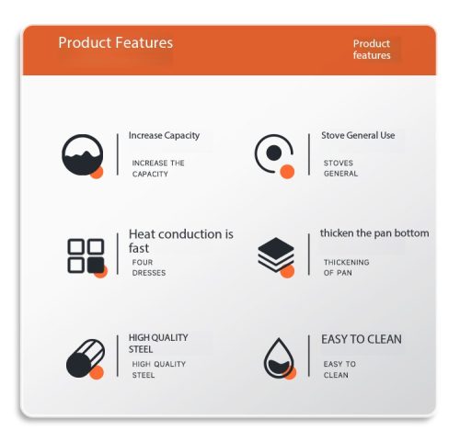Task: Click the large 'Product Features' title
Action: point(116,42)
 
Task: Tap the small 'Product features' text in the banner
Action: point(372,50)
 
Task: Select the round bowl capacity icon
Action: point(82,155)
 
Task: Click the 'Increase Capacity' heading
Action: point(164,135)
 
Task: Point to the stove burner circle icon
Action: point(273,155)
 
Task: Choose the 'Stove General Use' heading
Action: point(358,135)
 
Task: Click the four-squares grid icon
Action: point(86,256)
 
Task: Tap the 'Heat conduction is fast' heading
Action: point(181,241)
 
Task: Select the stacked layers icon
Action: point(276,255)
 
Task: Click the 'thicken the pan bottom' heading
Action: point(374,233)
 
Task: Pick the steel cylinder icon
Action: point(86,358)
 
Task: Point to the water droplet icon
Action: point(279,358)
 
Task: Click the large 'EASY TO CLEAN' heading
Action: point(362,339)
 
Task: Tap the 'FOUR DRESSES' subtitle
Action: point(149,267)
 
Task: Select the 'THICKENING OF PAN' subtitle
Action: point(346,267)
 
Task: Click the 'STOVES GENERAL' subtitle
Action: point(340,168)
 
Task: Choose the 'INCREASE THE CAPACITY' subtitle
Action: point(158,168)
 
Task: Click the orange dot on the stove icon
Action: point(287,172)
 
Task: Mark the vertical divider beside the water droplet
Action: point(309,356)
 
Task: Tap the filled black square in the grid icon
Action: point(96,266)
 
